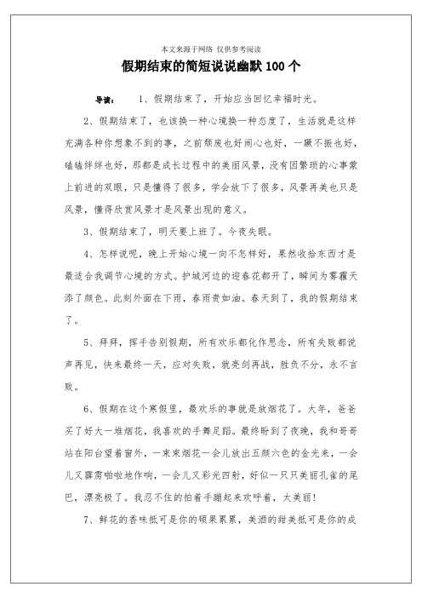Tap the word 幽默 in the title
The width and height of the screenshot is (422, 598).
248,66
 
